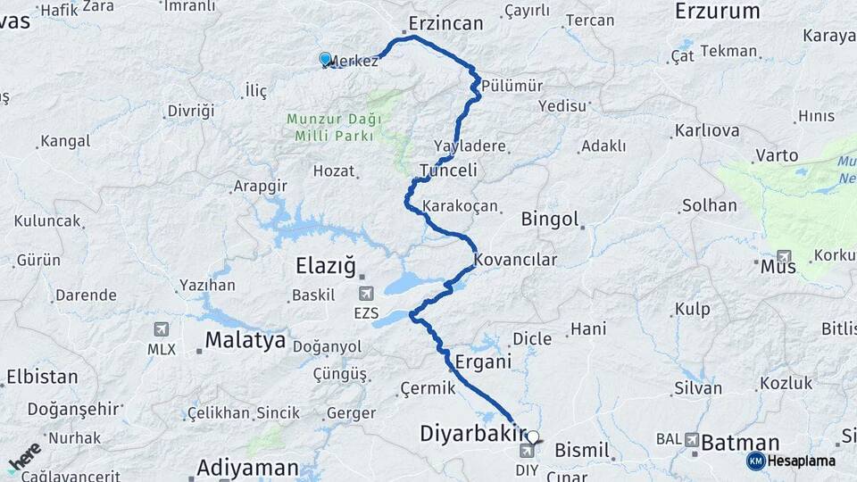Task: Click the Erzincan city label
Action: (x=445, y=23)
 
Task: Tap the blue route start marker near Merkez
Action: (x=326, y=59)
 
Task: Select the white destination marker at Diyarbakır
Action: (x=533, y=438)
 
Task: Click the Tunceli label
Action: (x=448, y=170)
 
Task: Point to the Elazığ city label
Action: (x=326, y=266)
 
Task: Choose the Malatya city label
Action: (x=245, y=340)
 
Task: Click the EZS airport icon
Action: (x=366, y=294)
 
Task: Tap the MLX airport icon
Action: (x=162, y=329)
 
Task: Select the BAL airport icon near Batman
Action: (x=693, y=439)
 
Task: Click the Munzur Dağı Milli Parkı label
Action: (x=335, y=127)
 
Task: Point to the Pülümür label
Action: (x=512, y=86)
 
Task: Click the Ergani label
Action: (x=483, y=361)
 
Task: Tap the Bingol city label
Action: (x=550, y=219)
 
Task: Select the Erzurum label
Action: (x=717, y=12)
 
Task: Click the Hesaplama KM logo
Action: (x=791, y=461)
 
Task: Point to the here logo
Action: (x=24, y=458)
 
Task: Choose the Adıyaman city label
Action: (x=248, y=467)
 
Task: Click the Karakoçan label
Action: (x=460, y=206)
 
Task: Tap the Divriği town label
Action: (x=191, y=112)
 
